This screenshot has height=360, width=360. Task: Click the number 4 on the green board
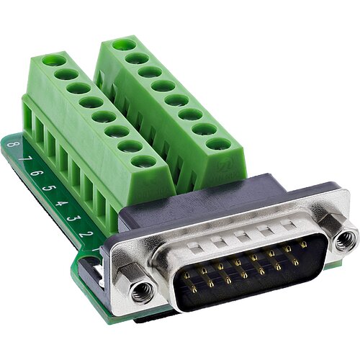coord(62,201)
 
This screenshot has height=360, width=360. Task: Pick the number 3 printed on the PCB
coord(75,217)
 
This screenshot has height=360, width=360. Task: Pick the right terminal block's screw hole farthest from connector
coord(124,45)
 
